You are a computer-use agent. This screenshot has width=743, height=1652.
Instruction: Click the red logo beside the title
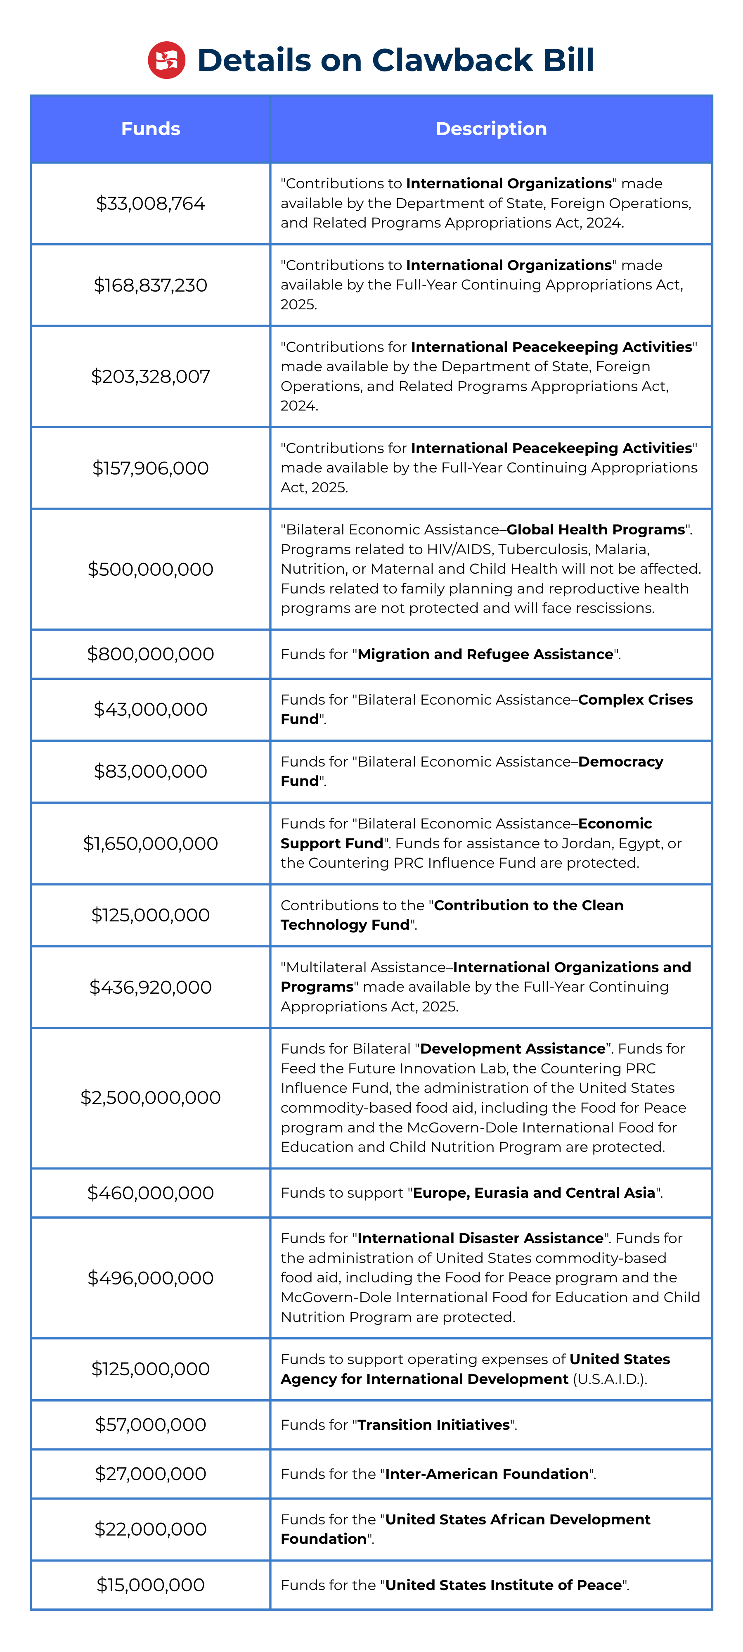tap(167, 60)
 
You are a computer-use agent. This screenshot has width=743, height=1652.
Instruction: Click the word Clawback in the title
tap(452, 60)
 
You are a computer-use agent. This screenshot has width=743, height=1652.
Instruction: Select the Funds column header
tap(151, 129)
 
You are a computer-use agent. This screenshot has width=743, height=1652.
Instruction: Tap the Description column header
tap(491, 129)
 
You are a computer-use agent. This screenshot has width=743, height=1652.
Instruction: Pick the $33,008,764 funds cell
tap(151, 204)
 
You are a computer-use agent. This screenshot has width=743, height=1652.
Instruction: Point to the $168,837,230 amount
tap(151, 285)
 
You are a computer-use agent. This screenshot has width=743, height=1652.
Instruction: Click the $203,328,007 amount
tap(151, 376)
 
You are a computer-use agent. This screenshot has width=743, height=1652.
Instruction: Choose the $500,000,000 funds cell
tap(151, 570)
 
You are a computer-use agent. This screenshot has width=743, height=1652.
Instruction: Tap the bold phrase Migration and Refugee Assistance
tap(485, 654)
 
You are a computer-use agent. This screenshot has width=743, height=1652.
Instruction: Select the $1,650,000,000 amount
tap(151, 843)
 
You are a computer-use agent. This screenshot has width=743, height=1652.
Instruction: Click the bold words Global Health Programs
tap(596, 530)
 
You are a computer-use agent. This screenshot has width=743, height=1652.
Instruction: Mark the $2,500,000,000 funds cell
tap(151, 1097)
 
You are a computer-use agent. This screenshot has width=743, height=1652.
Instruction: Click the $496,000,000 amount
tap(151, 1278)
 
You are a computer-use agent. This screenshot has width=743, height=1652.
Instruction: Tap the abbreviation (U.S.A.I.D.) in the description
tap(609, 1379)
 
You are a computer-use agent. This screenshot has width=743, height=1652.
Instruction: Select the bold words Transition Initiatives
tap(433, 1425)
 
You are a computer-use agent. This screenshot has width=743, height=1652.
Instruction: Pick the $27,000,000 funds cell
tap(151, 1474)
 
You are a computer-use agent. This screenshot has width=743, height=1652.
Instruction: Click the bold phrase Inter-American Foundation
tap(487, 1474)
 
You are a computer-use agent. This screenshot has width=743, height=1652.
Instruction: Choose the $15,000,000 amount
tap(151, 1585)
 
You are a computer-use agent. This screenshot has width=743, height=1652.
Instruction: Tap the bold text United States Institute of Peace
tap(503, 1586)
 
